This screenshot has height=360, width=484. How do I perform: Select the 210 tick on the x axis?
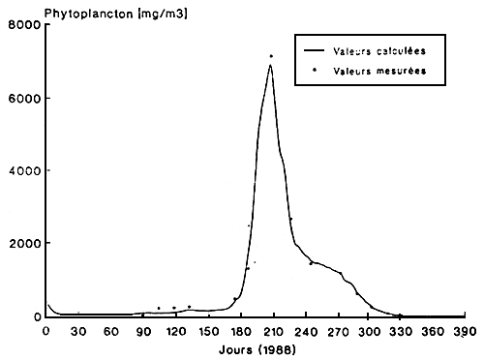coord(272,331)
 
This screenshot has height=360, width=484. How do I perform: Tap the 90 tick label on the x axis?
coord(143,331)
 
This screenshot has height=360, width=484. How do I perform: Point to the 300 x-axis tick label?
coord(369,331)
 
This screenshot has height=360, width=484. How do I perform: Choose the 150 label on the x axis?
coord(207,331)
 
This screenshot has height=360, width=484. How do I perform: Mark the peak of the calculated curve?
coord(271,65)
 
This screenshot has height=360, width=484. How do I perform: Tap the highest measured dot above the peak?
coord(271,56)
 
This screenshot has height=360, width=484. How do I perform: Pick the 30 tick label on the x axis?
coord(78,331)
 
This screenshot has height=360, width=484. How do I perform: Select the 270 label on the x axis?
coord(337,331)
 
